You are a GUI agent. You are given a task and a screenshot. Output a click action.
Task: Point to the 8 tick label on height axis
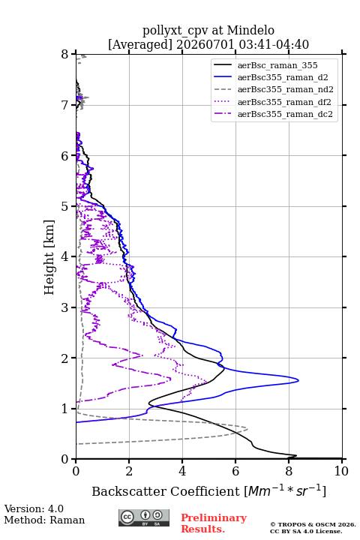(x=65, y=55)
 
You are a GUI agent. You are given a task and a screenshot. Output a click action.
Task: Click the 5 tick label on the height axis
(x=65, y=207)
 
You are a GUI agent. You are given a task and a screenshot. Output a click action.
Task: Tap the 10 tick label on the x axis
(x=341, y=471)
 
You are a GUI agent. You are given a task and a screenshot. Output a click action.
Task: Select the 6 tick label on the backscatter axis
(x=235, y=471)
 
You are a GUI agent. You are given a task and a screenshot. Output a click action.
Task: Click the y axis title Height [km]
(x=49, y=257)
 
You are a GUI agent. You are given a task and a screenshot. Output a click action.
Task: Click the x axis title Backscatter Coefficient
(x=166, y=491)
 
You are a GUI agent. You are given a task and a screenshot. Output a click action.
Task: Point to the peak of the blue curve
(x=298, y=380)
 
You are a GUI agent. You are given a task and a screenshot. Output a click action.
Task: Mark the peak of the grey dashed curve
(x=247, y=429)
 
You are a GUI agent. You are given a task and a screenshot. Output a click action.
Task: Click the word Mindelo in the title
(x=250, y=30)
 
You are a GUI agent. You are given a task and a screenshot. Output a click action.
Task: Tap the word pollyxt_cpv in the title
(x=175, y=31)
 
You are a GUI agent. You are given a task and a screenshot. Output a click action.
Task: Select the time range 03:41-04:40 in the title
(x=272, y=44)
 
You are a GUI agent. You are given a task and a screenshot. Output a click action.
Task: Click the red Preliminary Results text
(x=214, y=523)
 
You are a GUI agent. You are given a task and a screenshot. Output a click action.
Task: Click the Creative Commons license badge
(x=144, y=518)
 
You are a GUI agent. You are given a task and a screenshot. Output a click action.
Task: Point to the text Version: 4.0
(x=34, y=508)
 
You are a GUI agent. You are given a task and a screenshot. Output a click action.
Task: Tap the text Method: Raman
(x=44, y=520)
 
